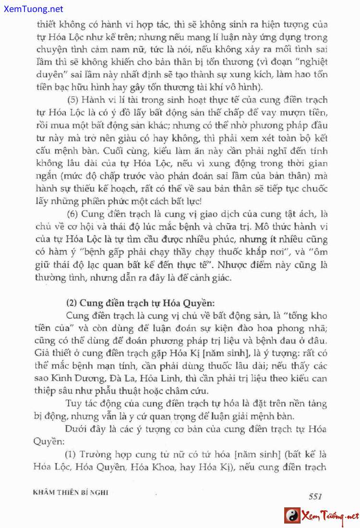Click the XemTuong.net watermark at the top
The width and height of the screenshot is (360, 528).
(32, 9)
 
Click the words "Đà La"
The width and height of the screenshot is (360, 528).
(111, 378)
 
